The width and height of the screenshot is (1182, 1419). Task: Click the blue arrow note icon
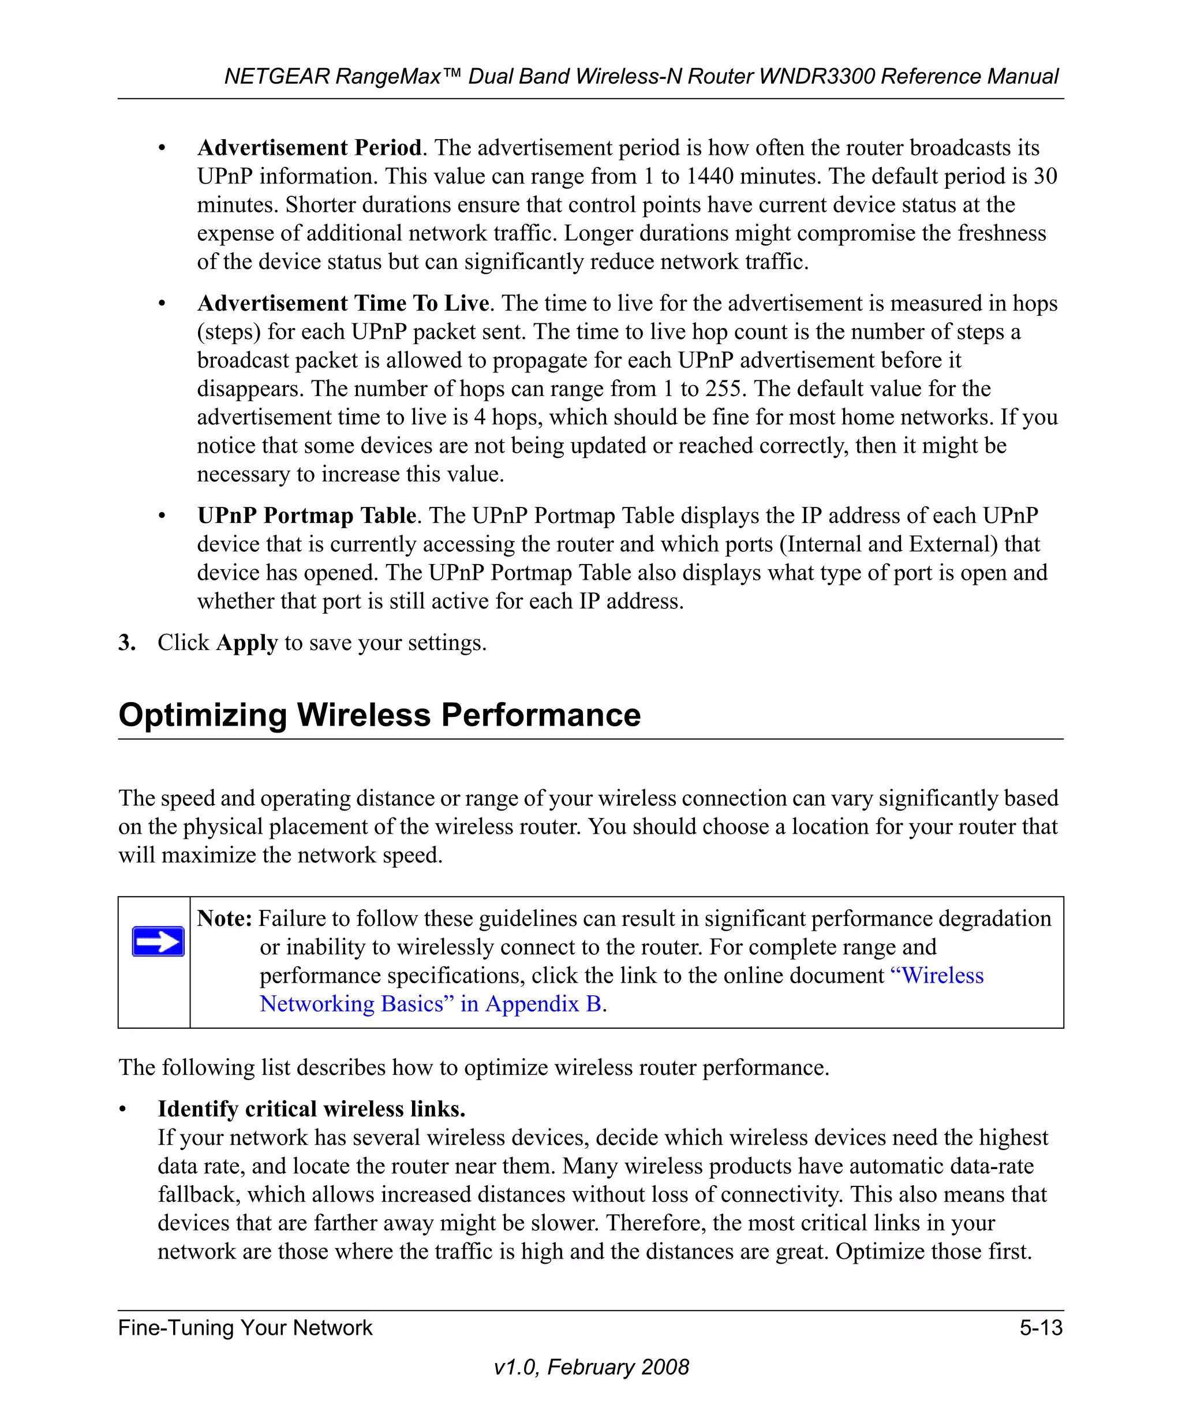click(x=158, y=941)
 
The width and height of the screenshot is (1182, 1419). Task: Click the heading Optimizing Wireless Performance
click(x=379, y=715)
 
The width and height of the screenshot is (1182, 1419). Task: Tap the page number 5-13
click(x=1041, y=1328)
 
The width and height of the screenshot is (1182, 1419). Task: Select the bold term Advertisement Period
click(x=309, y=147)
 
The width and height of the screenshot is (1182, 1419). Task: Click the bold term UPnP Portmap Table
click(x=306, y=515)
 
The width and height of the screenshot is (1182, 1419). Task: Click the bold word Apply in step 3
click(x=246, y=642)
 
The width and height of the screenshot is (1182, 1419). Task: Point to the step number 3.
click(x=126, y=642)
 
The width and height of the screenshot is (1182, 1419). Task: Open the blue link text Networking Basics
click(x=352, y=1003)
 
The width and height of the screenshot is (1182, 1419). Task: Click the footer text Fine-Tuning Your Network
click(x=245, y=1328)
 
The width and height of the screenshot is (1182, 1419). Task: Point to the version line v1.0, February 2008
click(x=591, y=1367)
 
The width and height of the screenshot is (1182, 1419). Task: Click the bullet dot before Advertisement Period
click(x=162, y=148)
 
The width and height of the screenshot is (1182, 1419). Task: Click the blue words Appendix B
click(x=543, y=1003)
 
